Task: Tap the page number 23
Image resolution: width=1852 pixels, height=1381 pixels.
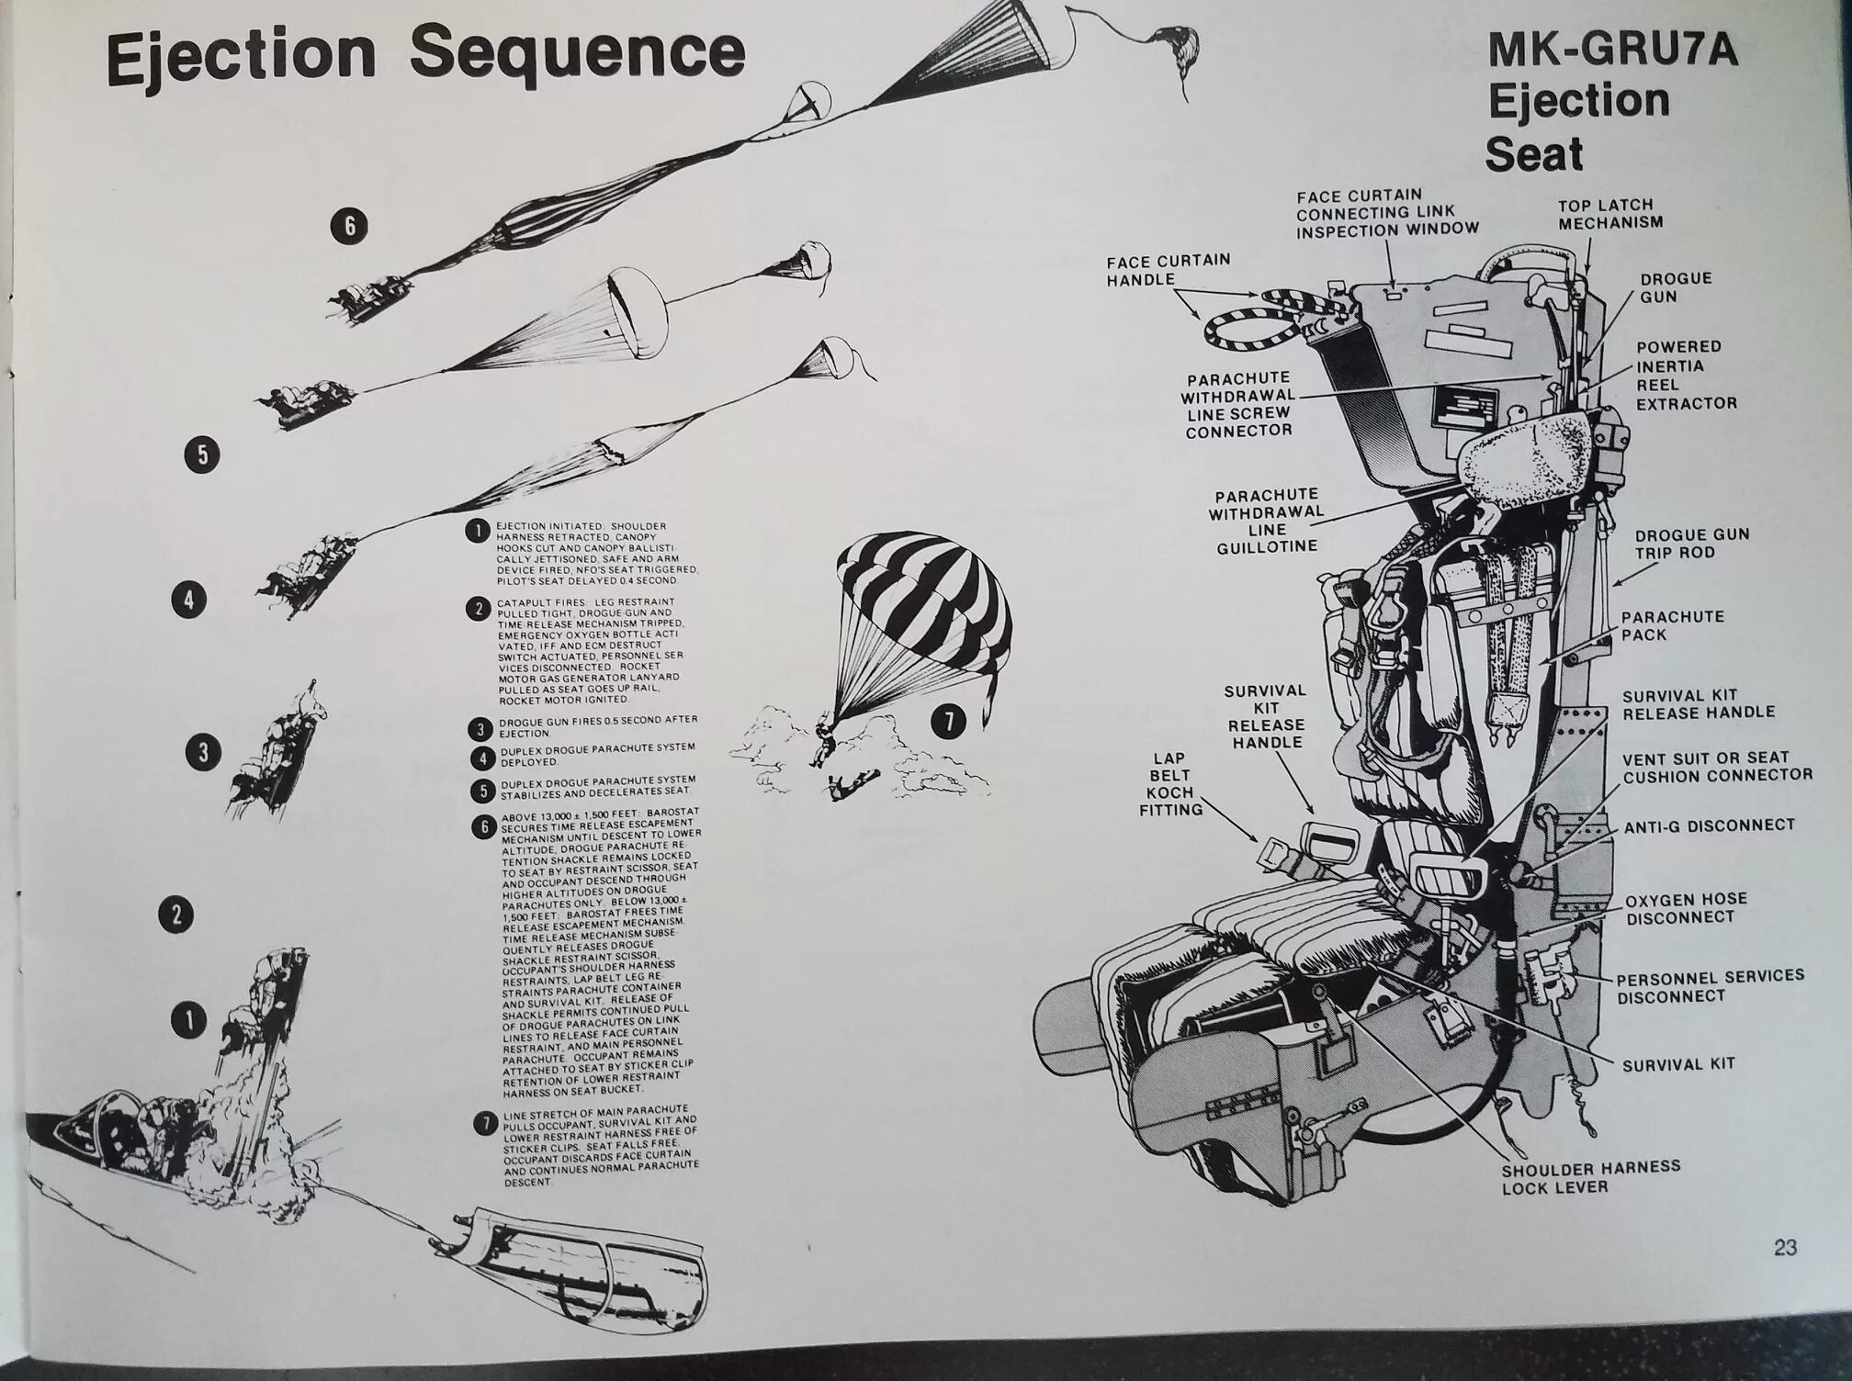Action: (1785, 1247)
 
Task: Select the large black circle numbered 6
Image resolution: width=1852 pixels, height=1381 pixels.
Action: (349, 225)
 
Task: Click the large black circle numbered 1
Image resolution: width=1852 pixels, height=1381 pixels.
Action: (189, 1019)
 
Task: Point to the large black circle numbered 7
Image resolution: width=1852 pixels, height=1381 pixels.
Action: (949, 723)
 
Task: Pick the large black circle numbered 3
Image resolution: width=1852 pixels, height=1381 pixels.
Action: (204, 753)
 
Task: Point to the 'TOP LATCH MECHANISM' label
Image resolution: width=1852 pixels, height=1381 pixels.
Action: (1610, 213)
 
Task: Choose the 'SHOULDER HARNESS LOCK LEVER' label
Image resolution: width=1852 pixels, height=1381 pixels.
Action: (1591, 1177)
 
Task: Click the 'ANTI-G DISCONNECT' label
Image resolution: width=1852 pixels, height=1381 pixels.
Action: (1708, 825)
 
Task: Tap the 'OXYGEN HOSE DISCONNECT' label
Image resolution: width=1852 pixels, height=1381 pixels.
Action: (1685, 908)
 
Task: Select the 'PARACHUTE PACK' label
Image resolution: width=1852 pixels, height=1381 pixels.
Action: (1672, 625)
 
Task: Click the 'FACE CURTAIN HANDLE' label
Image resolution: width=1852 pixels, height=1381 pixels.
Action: (1168, 269)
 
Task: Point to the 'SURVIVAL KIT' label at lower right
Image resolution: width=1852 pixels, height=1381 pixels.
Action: (1678, 1064)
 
